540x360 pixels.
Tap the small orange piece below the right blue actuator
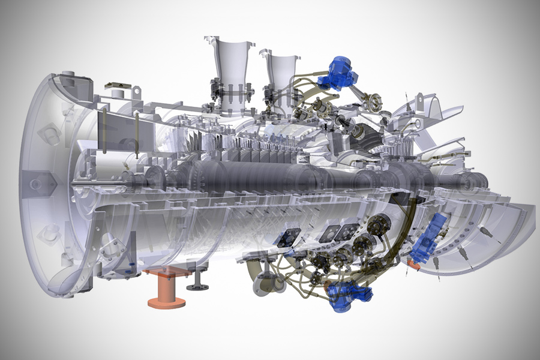click(x=413, y=262)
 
